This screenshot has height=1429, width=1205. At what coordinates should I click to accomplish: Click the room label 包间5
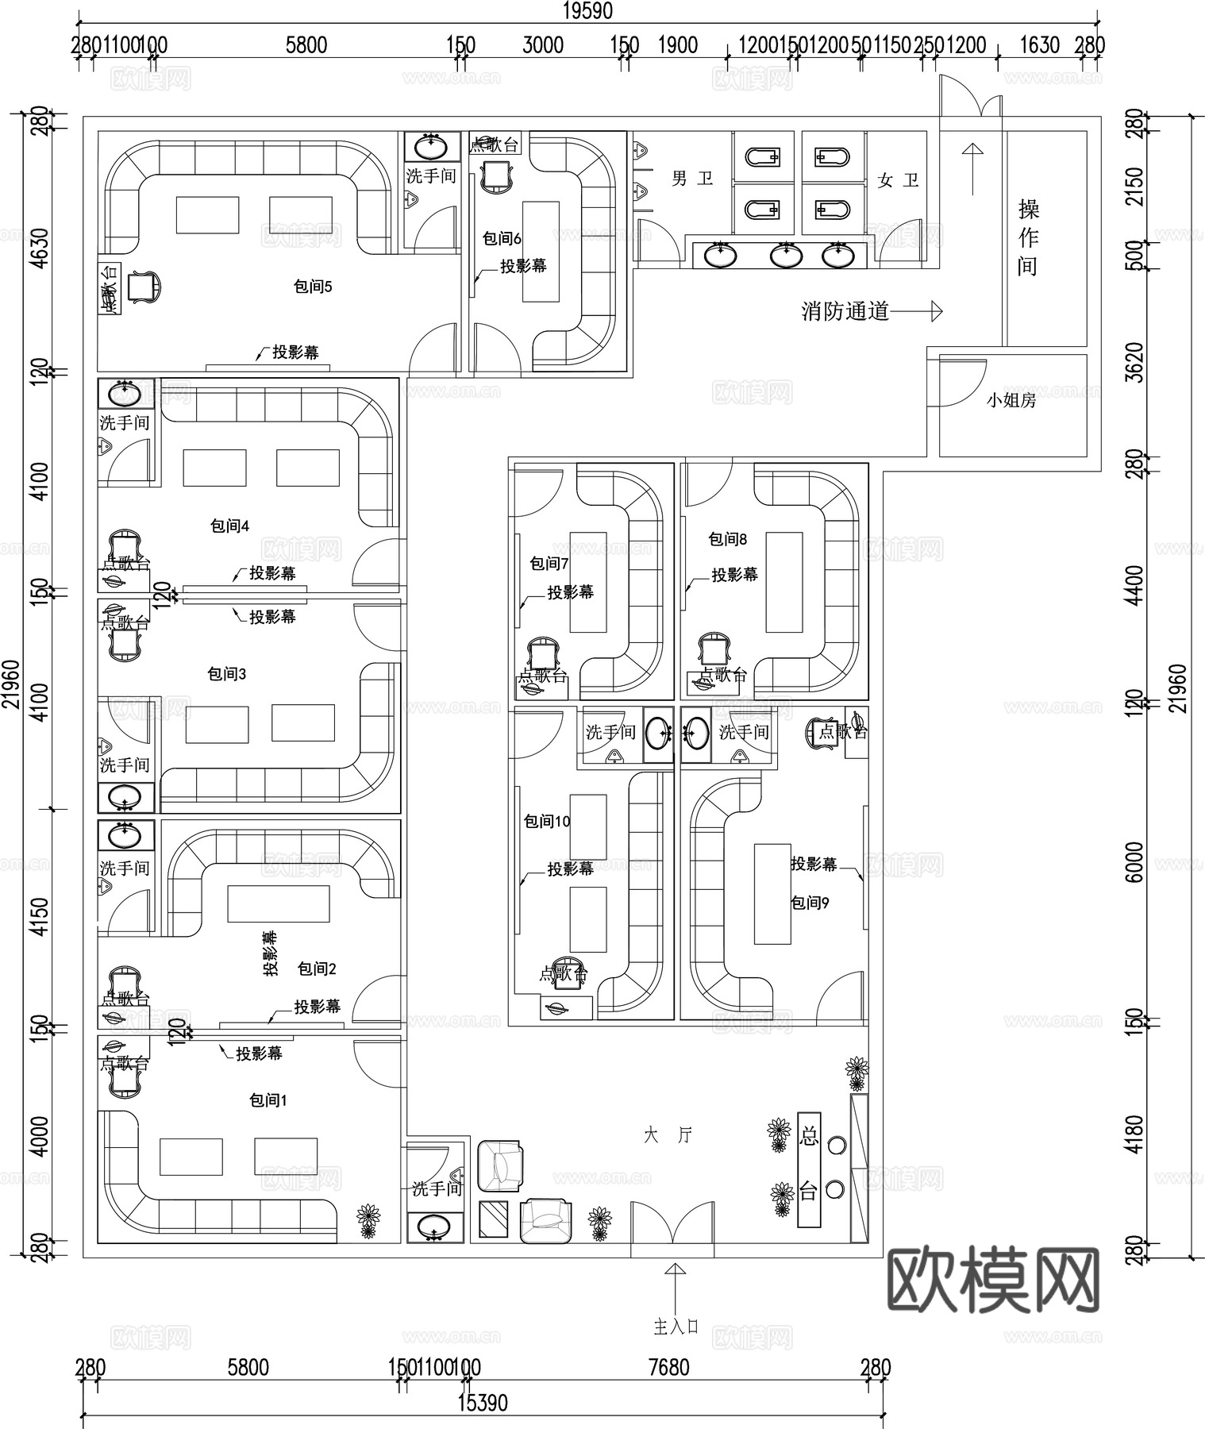[x=313, y=287]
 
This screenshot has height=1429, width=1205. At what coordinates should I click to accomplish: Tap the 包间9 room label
[x=810, y=903]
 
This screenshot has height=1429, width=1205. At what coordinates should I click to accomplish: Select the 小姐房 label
[x=1011, y=400]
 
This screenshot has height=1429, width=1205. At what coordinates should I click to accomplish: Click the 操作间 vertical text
[x=1028, y=237]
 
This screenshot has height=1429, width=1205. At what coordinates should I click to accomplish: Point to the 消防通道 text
[x=845, y=311]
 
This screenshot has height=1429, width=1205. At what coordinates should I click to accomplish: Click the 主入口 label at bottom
[x=676, y=1327]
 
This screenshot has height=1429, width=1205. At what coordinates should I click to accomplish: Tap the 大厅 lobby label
[x=668, y=1135]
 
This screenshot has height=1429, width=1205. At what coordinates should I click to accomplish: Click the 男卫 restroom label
[x=692, y=179]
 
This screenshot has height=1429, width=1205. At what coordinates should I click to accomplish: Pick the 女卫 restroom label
[x=898, y=180]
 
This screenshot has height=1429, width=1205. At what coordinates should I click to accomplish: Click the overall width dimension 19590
[x=588, y=11]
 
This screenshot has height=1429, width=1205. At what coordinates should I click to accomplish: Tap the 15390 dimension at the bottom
[x=483, y=1402]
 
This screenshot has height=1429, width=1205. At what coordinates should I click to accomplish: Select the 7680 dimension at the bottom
[x=668, y=1367]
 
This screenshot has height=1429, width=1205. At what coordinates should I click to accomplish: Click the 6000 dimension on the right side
[x=1136, y=862]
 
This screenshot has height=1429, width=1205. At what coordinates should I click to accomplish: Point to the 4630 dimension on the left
[x=40, y=249]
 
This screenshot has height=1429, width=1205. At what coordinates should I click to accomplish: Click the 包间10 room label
[x=547, y=821]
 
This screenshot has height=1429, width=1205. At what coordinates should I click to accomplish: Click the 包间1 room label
[x=268, y=1100]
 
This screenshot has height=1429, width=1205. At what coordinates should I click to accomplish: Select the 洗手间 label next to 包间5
[x=431, y=175]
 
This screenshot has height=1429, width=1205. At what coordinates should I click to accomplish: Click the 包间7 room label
[x=549, y=564]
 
